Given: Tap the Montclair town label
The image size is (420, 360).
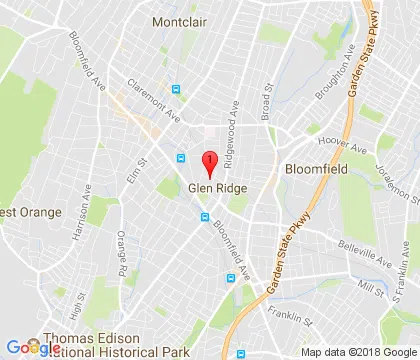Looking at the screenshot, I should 180,20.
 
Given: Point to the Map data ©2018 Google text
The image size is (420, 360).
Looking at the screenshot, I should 359,352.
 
